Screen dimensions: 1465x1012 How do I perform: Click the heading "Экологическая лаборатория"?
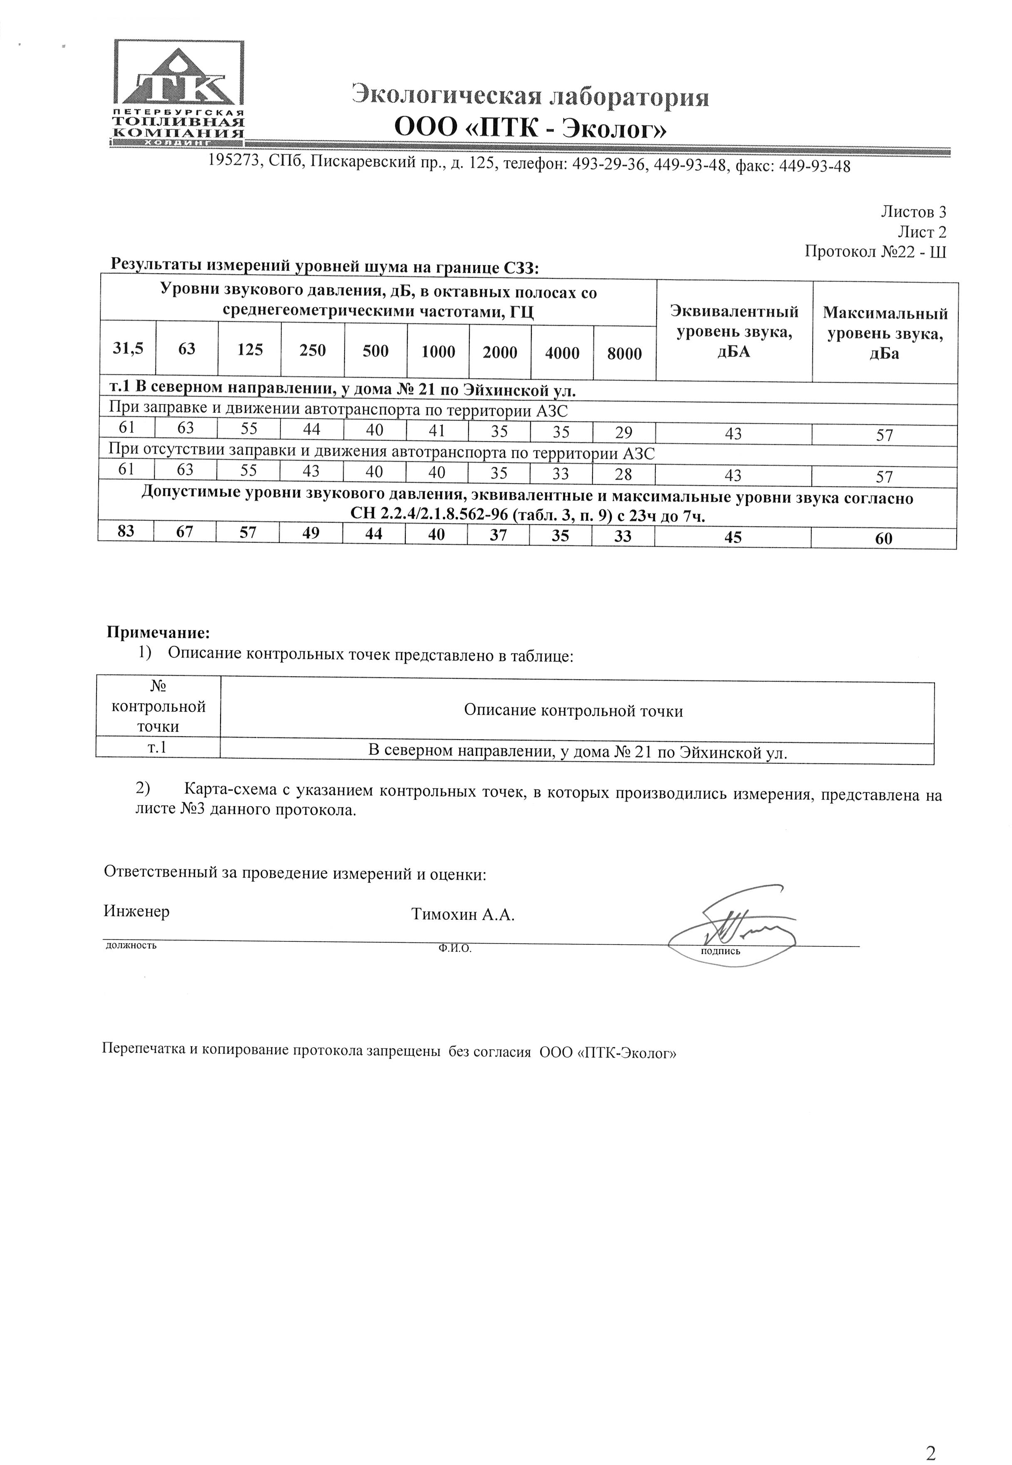point(530,97)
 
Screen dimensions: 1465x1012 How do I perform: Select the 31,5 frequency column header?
point(127,348)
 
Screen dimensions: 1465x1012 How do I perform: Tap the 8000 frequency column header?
point(625,354)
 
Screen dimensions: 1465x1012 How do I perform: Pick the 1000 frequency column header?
point(438,351)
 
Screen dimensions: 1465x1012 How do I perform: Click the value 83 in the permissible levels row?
point(126,531)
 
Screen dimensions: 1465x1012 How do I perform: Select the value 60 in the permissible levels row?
point(883,539)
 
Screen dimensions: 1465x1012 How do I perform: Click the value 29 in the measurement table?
point(624,432)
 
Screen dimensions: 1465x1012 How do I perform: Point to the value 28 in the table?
point(623,474)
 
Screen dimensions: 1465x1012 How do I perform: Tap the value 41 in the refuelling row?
point(437,431)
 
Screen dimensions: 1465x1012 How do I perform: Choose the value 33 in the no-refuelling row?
point(561,473)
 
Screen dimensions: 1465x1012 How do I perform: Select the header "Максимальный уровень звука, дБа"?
point(885,333)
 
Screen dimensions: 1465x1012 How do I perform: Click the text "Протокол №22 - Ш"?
point(875,252)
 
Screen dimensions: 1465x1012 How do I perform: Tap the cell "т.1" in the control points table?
point(157,747)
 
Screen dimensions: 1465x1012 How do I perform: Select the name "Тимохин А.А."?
point(462,914)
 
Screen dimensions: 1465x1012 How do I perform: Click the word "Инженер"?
point(136,911)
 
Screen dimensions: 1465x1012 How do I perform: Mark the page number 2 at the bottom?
point(930,1435)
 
